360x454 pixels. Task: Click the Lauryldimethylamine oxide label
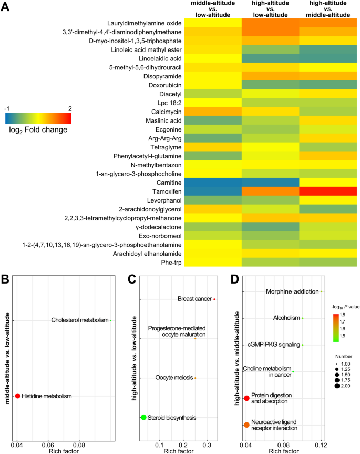pos(145,23)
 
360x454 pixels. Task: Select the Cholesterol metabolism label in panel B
pos(79,320)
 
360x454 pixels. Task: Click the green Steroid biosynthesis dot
pos(143,417)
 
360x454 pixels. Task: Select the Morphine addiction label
pos(292,291)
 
